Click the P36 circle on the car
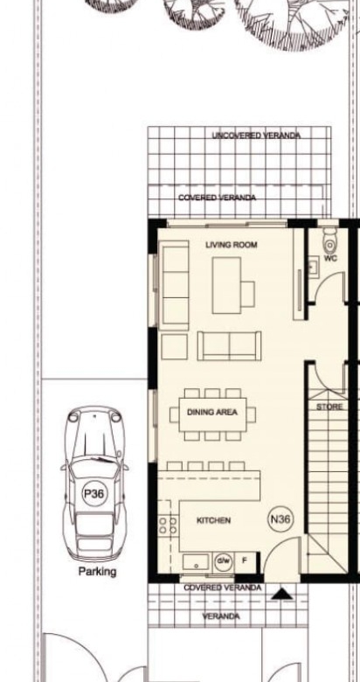click(x=93, y=494)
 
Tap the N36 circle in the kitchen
click(x=280, y=519)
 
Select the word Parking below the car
click(x=97, y=572)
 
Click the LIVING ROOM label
click(x=232, y=245)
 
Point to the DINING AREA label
click(x=212, y=413)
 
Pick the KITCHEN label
click(x=213, y=520)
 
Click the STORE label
click(x=329, y=407)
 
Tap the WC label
click(x=330, y=258)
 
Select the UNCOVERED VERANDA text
click(x=256, y=136)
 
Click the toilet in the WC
click(x=329, y=240)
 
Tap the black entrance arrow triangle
click(x=282, y=595)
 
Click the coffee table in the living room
click(x=226, y=285)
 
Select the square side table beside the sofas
click(x=175, y=346)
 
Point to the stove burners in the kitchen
click(x=168, y=525)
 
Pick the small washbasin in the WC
click(x=313, y=267)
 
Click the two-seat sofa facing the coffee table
click(x=229, y=345)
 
